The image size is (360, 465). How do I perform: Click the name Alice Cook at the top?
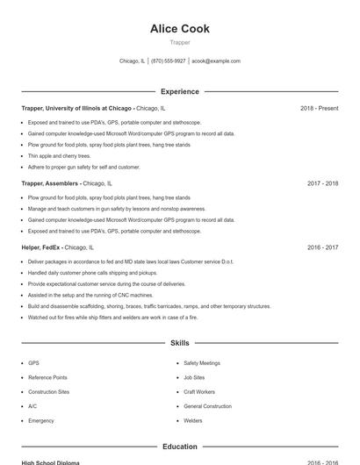coord(180,29)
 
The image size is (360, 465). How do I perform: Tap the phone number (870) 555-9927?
coord(169,61)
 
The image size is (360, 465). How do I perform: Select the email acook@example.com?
coord(216,61)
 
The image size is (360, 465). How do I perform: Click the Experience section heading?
coord(180,91)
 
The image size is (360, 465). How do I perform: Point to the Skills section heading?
coord(180,343)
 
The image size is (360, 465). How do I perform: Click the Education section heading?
coord(180,447)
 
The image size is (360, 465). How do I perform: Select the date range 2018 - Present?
coord(319,108)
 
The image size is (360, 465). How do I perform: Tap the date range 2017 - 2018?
coord(322,183)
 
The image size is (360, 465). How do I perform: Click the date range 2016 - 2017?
coord(322,247)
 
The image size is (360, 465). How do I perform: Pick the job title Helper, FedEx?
coord(41,247)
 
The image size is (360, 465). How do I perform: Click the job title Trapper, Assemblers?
coord(50,183)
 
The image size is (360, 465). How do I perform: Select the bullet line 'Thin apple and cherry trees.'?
coord(59,155)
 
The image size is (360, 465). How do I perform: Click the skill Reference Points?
coord(47,377)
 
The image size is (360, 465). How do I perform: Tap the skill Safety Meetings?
coord(202,362)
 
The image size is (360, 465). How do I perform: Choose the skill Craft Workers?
coord(199,391)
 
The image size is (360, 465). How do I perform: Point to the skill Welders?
coord(192,420)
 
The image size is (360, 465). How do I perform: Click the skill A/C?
coord(32,406)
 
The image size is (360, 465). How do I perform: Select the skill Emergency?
coord(40,420)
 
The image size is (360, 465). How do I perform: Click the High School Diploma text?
coord(51,462)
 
